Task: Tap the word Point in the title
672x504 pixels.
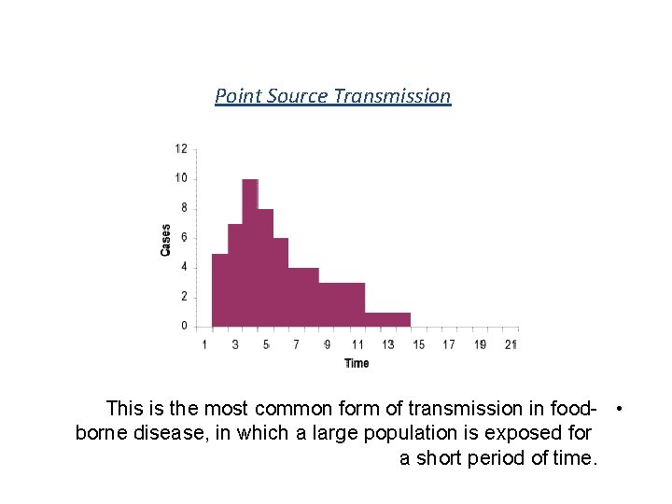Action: [237, 96]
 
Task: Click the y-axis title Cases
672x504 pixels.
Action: [166, 240]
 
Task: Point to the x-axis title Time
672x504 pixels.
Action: [357, 363]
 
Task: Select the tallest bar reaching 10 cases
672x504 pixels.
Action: [250, 252]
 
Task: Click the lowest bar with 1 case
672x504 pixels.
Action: [387, 319]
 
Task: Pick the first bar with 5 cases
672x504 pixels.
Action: [220, 289]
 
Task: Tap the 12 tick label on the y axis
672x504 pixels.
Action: [181, 148]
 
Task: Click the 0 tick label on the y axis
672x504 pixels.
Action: [184, 326]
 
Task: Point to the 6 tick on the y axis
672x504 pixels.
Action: [184, 237]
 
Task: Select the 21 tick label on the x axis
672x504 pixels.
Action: [511, 344]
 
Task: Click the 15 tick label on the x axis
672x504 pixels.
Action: [418, 344]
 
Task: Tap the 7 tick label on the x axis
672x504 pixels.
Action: [296, 344]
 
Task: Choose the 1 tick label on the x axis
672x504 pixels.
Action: [205, 344]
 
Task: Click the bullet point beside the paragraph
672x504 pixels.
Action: [620, 409]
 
